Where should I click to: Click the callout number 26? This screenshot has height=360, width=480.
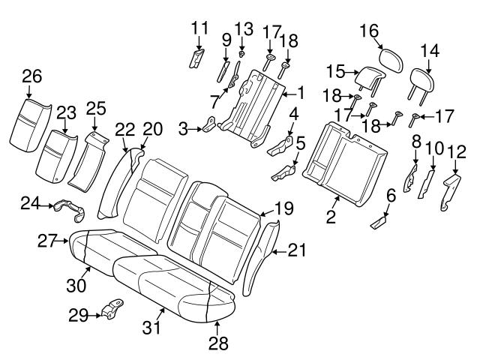(x=31, y=76)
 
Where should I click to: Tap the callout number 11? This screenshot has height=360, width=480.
(x=199, y=28)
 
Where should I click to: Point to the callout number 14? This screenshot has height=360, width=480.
(x=429, y=52)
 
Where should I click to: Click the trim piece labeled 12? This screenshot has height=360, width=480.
(x=451, y=192)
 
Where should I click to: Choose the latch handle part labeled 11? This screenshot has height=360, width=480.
(x=198, y=58)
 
